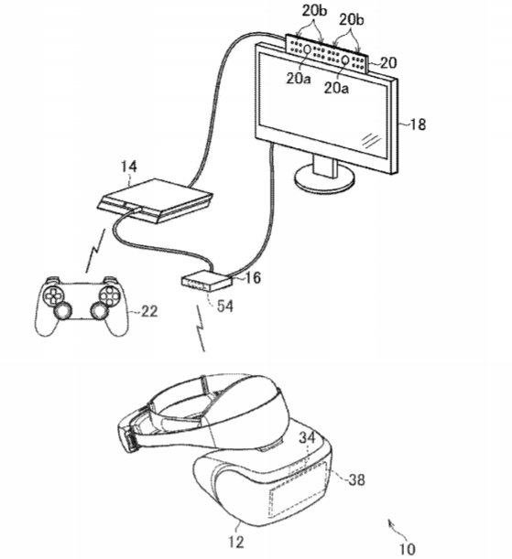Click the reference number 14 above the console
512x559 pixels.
pos(129,167)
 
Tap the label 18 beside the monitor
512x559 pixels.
pos(418,124)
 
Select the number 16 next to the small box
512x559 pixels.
pos(253,277)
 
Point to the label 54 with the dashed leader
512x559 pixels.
pos(225,306)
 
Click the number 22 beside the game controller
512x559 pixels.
pos(149,312)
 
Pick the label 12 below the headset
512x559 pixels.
pos(236,543)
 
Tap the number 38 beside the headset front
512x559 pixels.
pos(357,479)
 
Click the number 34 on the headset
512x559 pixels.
pos(307,437)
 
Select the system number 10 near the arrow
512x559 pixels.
pos(407,549)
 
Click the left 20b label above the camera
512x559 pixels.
pos(314,11)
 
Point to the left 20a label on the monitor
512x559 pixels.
pos(299,79)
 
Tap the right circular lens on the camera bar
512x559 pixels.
pos(345,59)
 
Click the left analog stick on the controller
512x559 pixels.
pos(62,311)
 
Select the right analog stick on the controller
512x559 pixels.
pos(99,311)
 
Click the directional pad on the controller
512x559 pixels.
pos(52,295)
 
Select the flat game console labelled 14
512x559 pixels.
pos(155,200)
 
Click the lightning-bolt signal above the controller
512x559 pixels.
pos(95,251)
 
